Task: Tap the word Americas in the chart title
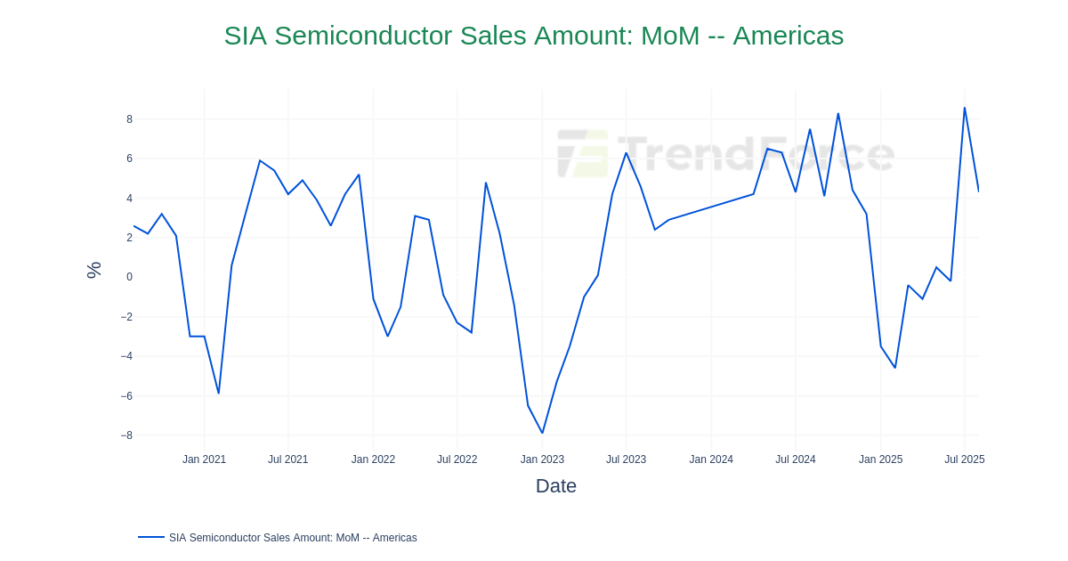point(788,36)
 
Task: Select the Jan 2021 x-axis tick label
point(204,459)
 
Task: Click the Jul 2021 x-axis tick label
point(287,459)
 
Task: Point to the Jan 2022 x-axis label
point(373,459)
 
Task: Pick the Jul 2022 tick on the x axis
point(457,459)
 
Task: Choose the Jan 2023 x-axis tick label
point(542,459)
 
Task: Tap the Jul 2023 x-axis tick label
point(626,459)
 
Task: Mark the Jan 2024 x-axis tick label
point(711,459)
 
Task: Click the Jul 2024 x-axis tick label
point(795,459)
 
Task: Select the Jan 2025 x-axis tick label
point(880,459)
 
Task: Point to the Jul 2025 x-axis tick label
point(964,459)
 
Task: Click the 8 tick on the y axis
point(129,119)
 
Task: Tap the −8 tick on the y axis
point(126,435)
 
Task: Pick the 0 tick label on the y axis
point(129,277)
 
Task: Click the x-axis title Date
point(555,486)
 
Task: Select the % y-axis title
point(93,270)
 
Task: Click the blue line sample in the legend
point(151,537)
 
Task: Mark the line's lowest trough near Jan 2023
point(542,433)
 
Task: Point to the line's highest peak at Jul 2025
point(964,108)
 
